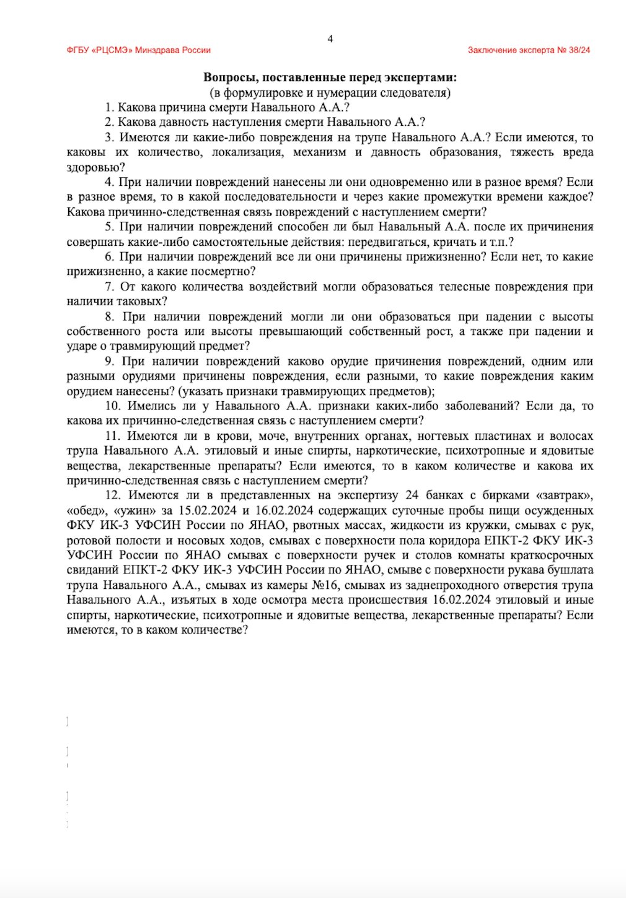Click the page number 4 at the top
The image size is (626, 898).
coord(330,39)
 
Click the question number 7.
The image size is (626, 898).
coord(109,287)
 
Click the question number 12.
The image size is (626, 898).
coord(112,495)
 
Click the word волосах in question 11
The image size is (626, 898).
coord(570,436)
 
